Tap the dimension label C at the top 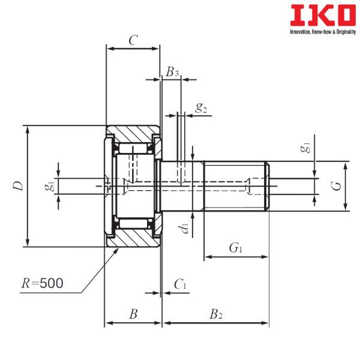tap(133, 40)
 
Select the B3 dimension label tap(173, 72)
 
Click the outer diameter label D tap(18, 186)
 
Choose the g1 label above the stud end tap(305, 148)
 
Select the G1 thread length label tap(236, 247)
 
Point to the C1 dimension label tap(179, 283)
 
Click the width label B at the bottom tap(134, 313)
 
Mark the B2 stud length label tap(214, 313)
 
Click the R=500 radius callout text tap(43, 283)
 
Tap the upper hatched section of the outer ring tap(133, 132)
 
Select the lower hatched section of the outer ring tap(133, 239)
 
